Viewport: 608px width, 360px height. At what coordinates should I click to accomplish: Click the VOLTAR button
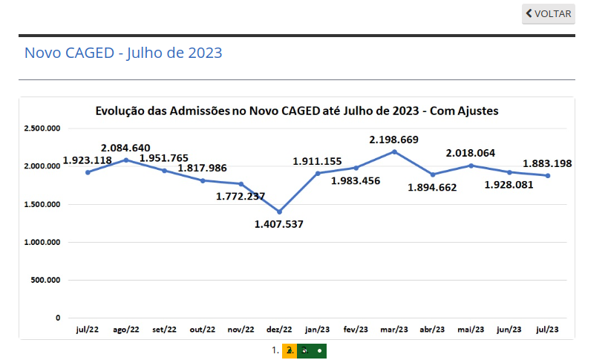click(548, 14)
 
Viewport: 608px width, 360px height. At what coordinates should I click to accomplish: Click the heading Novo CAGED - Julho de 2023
click(123, 53)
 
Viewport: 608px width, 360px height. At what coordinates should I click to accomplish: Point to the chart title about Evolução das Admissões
click(296, 111)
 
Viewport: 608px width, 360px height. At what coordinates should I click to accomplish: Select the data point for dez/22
click(279, 212)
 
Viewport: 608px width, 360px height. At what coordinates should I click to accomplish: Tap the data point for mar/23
click(394, 151)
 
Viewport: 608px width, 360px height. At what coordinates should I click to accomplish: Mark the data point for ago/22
click(125, 160)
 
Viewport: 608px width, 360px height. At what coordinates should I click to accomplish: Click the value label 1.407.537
click(279, 223)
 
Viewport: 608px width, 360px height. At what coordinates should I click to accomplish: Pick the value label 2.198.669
click(394, 139)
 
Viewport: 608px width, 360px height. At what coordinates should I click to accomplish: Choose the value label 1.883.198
click(547, 163)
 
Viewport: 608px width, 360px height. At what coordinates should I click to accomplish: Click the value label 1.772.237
click(241, 196)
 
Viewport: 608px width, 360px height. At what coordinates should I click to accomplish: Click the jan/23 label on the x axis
click(318, 329)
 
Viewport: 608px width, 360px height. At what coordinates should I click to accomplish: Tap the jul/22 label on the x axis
click(88, 329)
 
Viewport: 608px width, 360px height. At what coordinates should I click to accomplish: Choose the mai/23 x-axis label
click(471, 329)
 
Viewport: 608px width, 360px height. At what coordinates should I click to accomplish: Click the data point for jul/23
click(548, 175)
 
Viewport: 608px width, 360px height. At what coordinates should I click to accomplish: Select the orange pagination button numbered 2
click(290, 350)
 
